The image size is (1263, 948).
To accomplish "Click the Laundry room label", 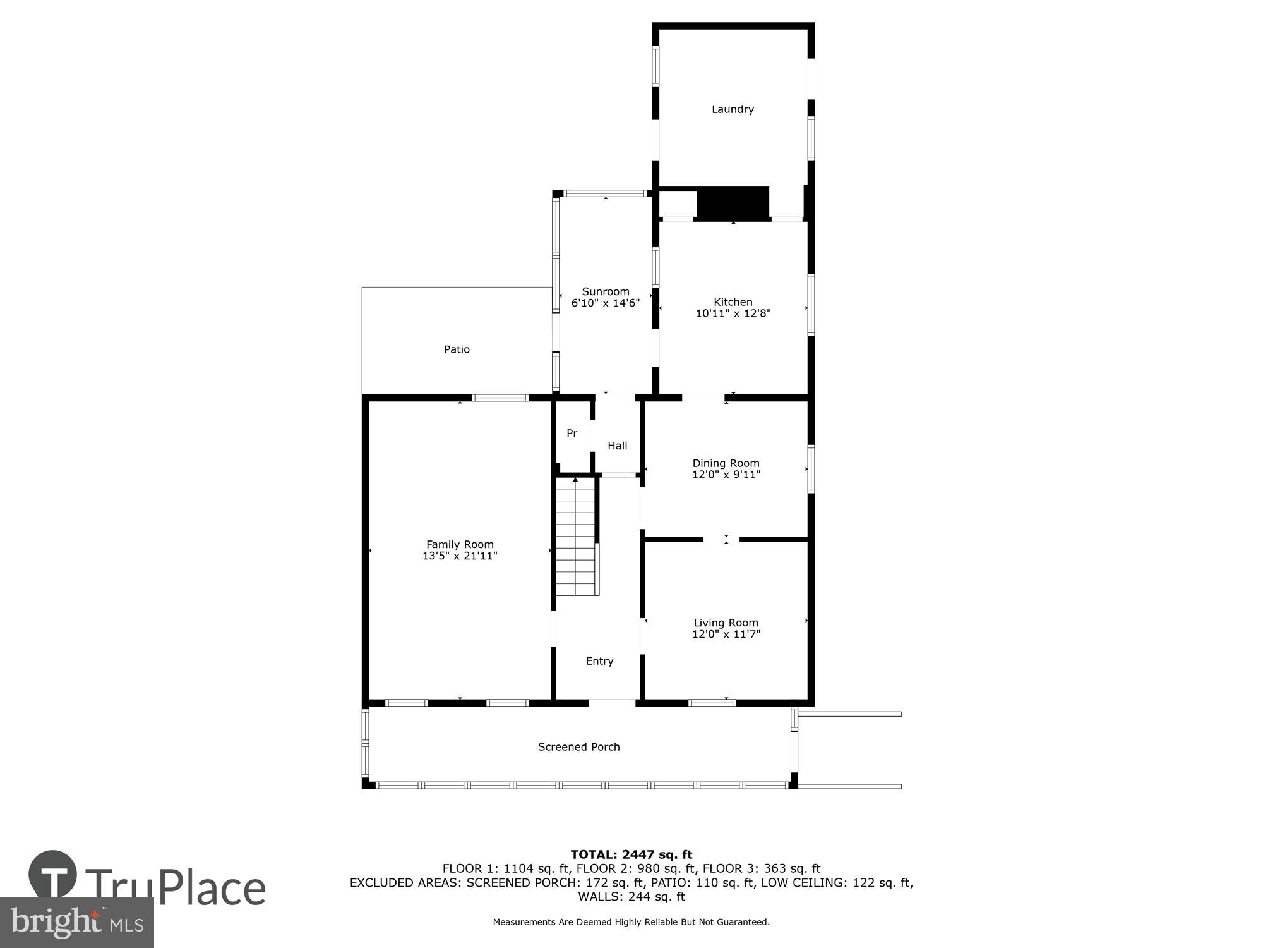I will click(733, 109).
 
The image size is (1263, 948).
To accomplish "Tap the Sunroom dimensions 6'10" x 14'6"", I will click(606, 303).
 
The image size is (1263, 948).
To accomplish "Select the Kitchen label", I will click(733, 302).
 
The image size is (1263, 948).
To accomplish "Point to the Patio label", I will click(457, 349).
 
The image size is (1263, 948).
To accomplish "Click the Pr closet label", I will click(572, 434).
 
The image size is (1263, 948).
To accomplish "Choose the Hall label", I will click(617, 446).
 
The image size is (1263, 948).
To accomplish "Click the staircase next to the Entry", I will click(576, 537).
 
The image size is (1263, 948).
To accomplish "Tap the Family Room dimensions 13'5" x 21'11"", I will click(460, 556).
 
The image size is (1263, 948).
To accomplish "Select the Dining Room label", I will click(726, 463).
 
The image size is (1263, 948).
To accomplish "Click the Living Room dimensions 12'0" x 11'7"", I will click(726, 635).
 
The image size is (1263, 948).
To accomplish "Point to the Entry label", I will click(599, 661).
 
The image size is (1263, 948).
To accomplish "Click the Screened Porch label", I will click(578, 747).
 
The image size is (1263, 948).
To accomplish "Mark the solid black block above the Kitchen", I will click(733, 204).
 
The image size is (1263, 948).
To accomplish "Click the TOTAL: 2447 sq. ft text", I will click(631, 855).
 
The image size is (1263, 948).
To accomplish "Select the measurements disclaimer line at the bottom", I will click(631, 922).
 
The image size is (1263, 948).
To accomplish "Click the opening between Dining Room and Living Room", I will click(721, 539).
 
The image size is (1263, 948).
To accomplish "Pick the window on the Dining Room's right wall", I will click(811, 469).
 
